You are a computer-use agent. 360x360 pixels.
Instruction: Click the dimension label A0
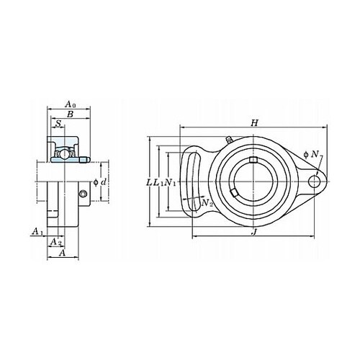71,104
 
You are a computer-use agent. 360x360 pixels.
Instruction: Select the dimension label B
70,114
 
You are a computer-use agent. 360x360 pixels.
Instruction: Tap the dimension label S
58,124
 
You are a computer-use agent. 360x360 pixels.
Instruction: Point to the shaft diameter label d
104,182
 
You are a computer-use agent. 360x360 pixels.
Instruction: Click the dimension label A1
37,232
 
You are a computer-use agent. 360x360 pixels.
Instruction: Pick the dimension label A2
56,242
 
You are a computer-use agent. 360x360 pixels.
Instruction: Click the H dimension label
254,123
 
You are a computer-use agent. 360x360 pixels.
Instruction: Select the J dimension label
254,232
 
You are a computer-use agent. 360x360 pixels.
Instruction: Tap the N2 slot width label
207,203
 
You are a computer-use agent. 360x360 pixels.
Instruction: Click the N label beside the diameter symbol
315,155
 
